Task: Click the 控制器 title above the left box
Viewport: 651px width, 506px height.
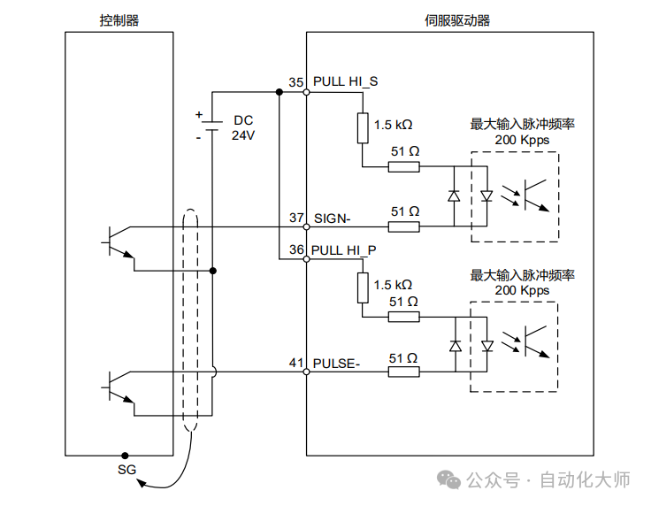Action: [x=119, y=20]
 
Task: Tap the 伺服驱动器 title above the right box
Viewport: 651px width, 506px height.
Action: [x=457, y=20]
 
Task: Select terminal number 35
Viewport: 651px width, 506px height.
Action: [x=296, y=82]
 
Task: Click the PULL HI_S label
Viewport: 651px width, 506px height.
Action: [x=346, y=81]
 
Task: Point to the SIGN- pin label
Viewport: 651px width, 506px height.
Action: [x=333, y=218]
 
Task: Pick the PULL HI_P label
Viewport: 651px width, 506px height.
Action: [x=344, y=250]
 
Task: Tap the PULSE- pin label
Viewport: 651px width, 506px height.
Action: [x=336, y=364]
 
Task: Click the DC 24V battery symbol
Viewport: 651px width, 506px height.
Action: [x=212, y=126]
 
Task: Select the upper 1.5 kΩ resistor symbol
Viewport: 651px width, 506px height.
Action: [x=363, y=128]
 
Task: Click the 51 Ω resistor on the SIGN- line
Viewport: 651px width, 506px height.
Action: [x=403, y=226]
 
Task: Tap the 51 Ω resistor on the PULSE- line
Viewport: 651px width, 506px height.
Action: [x=403, y=372]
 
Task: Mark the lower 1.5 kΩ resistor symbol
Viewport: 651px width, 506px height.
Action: [x=363, y=287]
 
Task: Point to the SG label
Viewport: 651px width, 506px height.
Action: [x=126, y=470]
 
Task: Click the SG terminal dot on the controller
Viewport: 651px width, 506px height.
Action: [x=125, y=456]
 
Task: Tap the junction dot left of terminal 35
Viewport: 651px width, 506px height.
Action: [x=279, y=92]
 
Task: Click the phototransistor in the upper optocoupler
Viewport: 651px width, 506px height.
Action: [x=536, y=195]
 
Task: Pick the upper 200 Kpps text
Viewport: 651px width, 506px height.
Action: [x=522, y=140]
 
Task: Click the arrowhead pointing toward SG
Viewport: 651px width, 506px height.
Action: [x=142, y=483]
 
